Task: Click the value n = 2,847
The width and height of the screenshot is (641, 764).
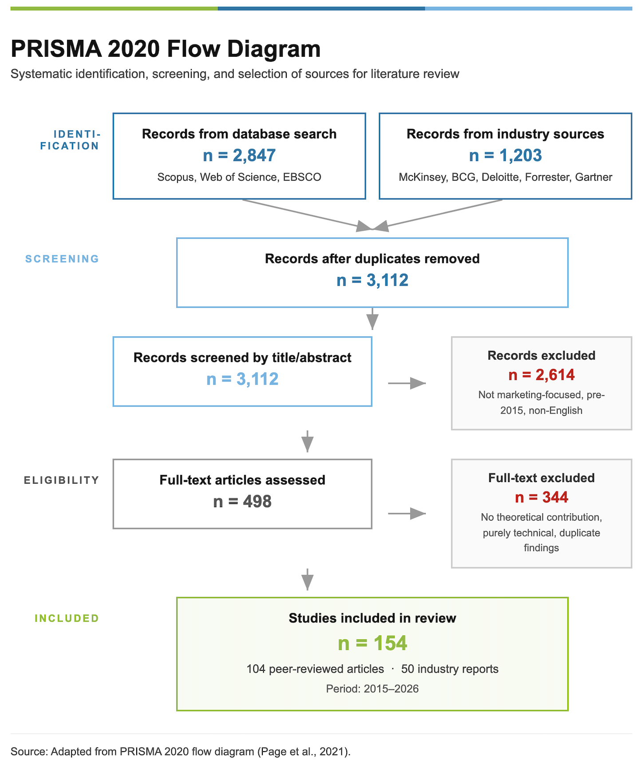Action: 239,155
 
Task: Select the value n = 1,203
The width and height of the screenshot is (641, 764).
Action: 505,155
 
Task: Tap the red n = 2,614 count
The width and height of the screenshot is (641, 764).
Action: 541,375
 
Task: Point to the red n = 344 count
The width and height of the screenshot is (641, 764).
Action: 541,497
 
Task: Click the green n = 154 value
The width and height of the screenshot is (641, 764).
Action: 372,643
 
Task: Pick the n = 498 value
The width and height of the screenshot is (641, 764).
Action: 242,501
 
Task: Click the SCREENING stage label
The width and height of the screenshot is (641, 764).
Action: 62,259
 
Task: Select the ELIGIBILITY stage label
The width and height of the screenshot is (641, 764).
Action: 62,480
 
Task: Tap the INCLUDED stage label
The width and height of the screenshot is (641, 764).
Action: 67,618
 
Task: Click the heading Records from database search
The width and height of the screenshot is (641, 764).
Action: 239,134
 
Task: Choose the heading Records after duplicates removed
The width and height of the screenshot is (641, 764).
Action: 372,259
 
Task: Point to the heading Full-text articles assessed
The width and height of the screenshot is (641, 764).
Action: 242,480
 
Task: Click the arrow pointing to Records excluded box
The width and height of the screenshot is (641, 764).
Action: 407,383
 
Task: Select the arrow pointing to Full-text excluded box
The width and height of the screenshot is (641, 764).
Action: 407,513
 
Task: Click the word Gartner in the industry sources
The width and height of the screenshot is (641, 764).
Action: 594,177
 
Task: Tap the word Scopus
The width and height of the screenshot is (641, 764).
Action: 176,177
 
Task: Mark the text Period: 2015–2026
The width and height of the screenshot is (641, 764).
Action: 372,689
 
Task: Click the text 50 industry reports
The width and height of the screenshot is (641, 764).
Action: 450,669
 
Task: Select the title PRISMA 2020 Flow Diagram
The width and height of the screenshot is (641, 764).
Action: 166,49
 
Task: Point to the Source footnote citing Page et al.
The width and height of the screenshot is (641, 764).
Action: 181,751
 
